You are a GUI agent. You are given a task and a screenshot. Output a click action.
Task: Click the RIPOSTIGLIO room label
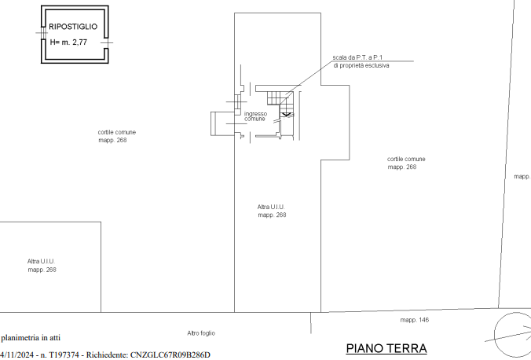pos(73,27)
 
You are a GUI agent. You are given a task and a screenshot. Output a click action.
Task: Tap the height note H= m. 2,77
pos(68,42)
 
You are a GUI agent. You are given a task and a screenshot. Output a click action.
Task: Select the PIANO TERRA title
pos(386,348)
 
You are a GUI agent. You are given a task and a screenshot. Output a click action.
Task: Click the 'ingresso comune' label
pos(255,116)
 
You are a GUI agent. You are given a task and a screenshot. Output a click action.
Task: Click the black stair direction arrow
pos(286,114)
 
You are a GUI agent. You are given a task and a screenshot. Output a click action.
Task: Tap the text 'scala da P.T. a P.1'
pos(357,57)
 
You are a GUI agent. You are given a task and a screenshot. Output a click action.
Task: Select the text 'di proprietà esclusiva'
pos(361,65)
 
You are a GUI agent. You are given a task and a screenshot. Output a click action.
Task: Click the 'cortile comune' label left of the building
pos(117,132)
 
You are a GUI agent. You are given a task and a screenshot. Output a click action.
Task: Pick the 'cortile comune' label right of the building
pos(406,159)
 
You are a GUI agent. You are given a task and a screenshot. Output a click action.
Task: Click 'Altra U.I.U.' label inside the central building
pos(271,207)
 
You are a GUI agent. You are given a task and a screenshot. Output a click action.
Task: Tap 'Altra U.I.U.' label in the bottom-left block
pos(41,262)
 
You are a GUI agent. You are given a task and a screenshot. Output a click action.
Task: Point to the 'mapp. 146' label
pos(415,320)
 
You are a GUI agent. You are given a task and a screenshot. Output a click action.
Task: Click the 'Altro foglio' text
pos(201,333)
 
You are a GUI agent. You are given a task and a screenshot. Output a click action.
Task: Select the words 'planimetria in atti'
pos(31,338)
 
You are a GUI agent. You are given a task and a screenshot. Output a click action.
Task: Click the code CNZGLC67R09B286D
pos(170,355)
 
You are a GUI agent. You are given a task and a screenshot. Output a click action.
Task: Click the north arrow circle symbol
pos(494,335)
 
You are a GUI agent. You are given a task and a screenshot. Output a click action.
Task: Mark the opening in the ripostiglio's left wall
pos(43,33)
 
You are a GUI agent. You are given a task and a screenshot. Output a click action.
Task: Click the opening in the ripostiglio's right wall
pos(106,42)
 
